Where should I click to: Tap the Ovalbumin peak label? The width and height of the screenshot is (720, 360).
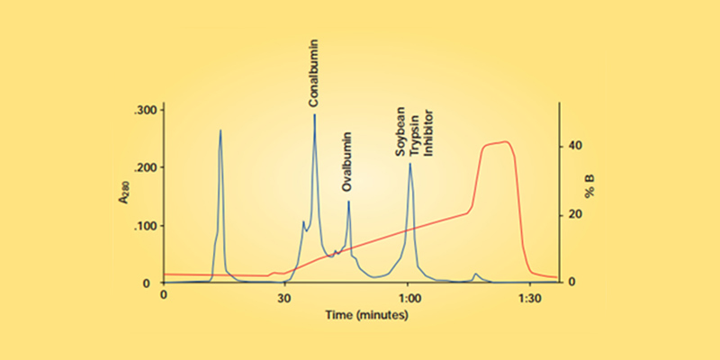[348, 163]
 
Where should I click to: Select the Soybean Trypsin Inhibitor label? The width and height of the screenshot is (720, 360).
[415, 126]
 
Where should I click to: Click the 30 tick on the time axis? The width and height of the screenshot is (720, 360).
[285, 294]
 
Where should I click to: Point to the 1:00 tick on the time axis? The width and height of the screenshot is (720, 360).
[408, 294]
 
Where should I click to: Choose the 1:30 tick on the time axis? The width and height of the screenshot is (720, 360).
[529, 294]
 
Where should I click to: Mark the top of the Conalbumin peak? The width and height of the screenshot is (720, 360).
[314, 115]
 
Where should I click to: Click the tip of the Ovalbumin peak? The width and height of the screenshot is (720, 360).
[349, 202]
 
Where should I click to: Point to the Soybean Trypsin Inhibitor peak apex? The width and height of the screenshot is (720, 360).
[410, 164]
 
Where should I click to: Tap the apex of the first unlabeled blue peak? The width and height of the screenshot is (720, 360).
[220, 130]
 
